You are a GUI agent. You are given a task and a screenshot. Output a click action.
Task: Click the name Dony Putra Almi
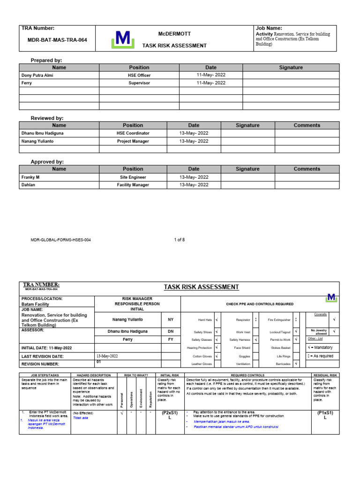37,75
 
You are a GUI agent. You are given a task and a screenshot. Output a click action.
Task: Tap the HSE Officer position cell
139,75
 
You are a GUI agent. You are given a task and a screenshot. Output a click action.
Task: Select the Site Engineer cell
133,177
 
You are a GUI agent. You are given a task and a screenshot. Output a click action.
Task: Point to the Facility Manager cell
133,185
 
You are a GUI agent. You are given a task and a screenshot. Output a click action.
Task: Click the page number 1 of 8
180,240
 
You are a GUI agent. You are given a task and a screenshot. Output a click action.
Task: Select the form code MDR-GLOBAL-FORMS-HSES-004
60,240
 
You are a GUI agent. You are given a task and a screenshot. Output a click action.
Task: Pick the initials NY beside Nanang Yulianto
171,320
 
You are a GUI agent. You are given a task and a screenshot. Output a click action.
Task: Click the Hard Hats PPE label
205,320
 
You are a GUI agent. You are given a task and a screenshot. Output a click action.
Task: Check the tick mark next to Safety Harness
255,339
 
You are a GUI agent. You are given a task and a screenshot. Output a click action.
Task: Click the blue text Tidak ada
81,418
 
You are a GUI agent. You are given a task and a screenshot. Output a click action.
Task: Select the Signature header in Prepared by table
291,67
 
